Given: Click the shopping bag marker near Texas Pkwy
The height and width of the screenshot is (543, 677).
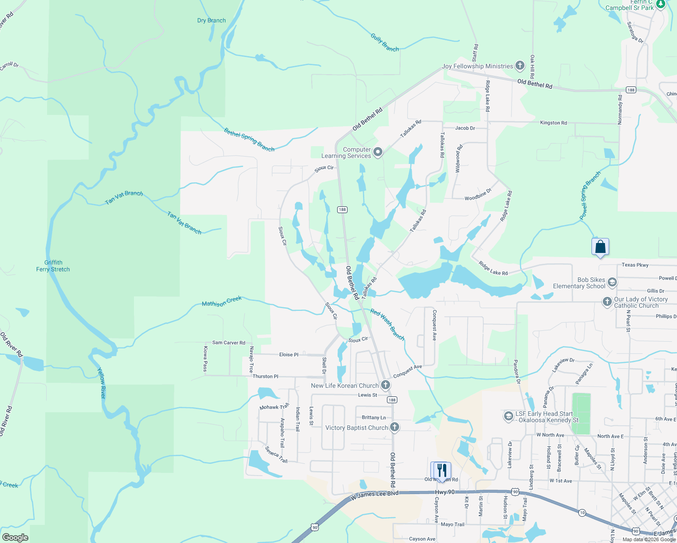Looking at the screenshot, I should click(600, 247).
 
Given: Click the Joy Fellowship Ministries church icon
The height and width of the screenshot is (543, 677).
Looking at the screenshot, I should click(520, 66).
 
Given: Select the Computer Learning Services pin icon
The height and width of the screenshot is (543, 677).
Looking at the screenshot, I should click(378, 152).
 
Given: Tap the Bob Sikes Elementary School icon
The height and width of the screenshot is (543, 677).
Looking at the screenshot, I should click(612, 283).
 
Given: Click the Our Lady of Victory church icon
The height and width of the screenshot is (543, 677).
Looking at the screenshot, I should click(607, 302).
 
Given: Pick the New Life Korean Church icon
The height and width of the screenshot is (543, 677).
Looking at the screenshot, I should click(386, 386).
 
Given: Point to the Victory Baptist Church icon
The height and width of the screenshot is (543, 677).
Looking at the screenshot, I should click(395, 427).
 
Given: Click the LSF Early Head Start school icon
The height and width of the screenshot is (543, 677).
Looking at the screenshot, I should click(508, 416).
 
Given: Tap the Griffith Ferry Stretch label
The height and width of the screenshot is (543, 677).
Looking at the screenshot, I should click(53, 266).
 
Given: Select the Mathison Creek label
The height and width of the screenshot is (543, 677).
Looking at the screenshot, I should click(222, 301).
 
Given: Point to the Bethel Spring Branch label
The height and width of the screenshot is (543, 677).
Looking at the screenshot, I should click(249, 139).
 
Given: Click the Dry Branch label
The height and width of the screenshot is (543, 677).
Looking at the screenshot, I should click(211, 20).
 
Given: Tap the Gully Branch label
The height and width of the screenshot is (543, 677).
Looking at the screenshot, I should click(385, 43).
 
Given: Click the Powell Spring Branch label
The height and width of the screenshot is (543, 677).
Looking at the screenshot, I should click(590, 196).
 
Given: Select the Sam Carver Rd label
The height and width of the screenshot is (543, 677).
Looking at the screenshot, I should click(229, 343).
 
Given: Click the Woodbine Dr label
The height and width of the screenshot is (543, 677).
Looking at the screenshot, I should click(478, 198).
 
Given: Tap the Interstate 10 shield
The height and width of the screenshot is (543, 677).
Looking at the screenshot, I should click(582, 512).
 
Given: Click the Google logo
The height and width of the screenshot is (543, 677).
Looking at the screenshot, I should click(15, 538).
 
